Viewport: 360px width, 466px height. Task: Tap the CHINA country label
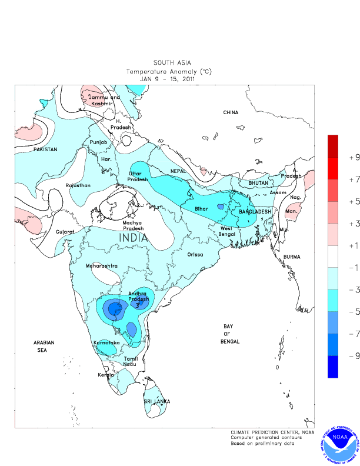[231, 112]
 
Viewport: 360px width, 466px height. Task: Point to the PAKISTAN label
[45, 149]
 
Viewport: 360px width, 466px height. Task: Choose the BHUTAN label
[258, 183]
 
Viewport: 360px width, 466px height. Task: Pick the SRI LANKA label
[157, 401]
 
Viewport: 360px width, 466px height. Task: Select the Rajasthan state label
[78, 185]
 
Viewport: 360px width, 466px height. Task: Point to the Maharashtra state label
[101, 266]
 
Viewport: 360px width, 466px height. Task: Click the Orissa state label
[195, 254]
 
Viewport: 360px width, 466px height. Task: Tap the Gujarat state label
[65, 232]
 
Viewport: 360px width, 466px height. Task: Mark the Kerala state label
[106, 374]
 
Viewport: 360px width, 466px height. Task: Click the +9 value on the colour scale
[354, 157]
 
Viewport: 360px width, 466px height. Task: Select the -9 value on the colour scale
[354, 356]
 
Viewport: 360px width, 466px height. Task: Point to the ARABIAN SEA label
[44, 346]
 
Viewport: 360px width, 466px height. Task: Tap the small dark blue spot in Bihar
[220, 207]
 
